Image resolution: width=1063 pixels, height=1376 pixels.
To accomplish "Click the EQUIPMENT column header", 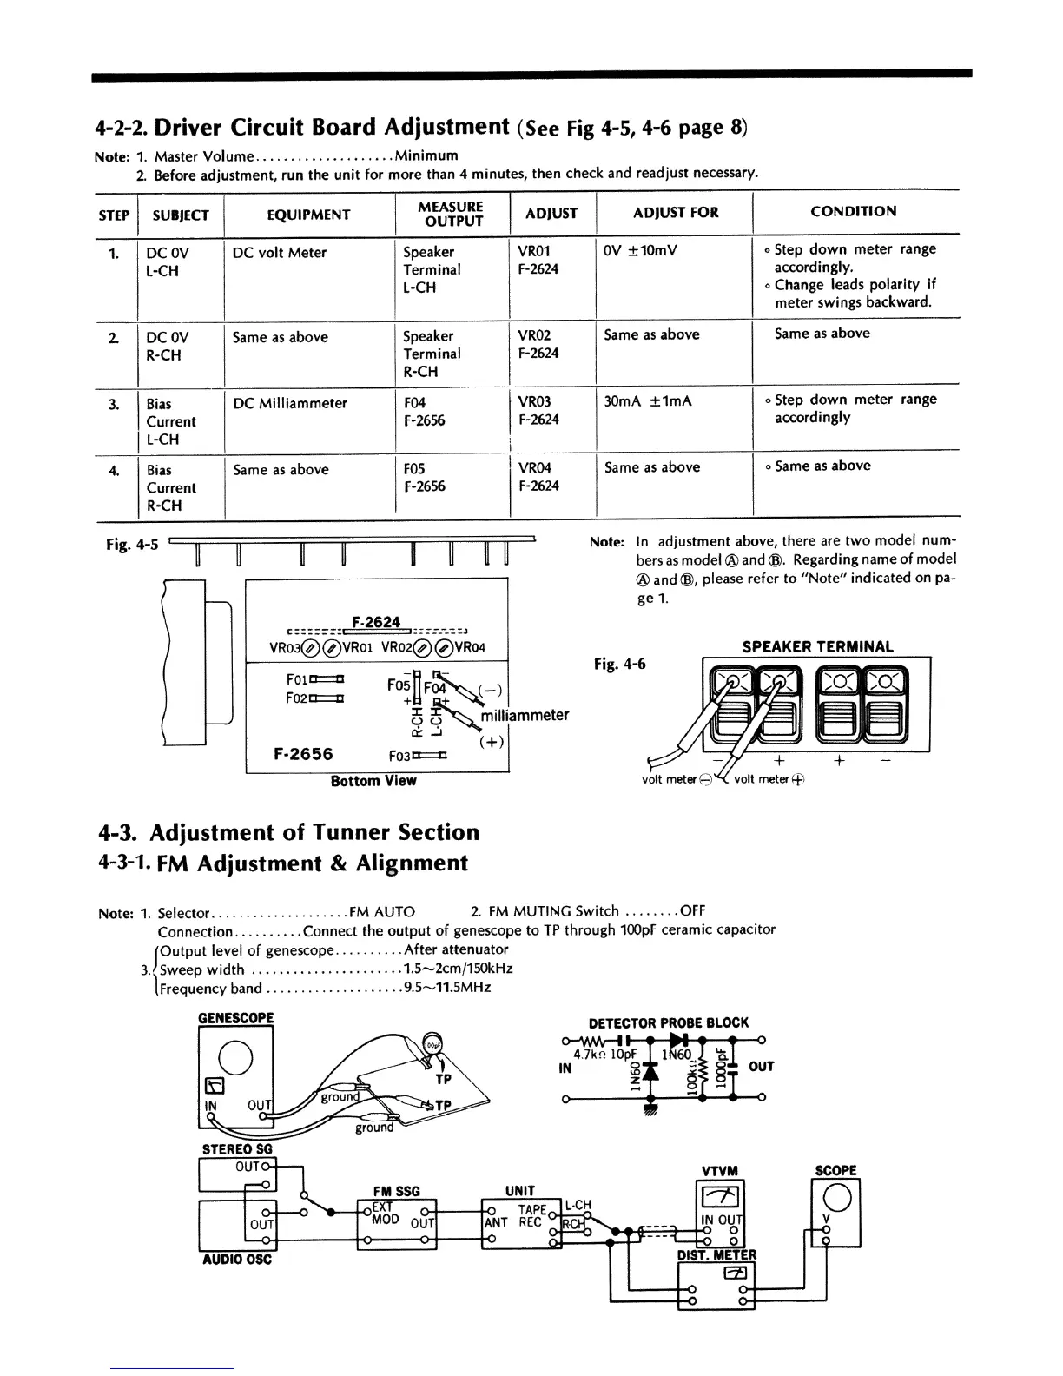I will (x=308, y=215).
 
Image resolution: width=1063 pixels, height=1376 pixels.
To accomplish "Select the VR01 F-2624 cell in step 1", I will (x=538, y=260).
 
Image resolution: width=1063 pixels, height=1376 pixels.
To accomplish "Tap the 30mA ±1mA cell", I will (x=648, y=401).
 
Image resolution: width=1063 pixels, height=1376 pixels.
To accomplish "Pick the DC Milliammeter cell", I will (x=289, y=403).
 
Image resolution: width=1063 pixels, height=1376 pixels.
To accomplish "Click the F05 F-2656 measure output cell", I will (x=425, y=477).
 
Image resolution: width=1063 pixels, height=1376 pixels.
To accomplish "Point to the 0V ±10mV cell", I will (x=640, y=251).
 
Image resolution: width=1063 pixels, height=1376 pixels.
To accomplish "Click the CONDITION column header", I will (x=853, y=211).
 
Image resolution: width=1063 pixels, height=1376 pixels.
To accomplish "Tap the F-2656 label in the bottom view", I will (x=303, y=754).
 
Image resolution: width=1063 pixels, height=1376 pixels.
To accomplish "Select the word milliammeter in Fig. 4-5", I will (x=525, y=715).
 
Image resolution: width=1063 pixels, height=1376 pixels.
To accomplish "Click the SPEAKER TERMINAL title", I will (x=817, y=646).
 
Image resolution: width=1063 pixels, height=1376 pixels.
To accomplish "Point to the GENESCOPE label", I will (x=235, y=1017).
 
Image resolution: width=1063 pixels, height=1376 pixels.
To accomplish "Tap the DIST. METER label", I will (x=716, y=1254).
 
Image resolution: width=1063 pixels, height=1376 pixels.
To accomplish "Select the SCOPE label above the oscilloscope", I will (x=835, y=1170).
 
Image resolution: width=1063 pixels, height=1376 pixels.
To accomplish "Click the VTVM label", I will (x=719, y=1170).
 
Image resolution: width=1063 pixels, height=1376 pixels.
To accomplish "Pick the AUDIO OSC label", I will (x=234, y=1260).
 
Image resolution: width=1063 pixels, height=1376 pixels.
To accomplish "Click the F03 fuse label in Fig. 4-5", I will (x=399, y=756).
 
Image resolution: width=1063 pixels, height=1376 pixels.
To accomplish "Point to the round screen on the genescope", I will (x=235, y=1056).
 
